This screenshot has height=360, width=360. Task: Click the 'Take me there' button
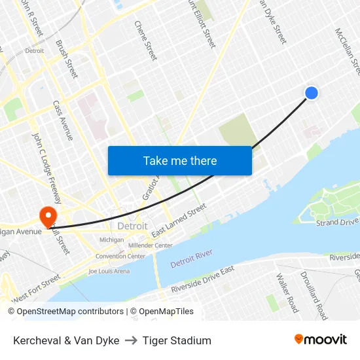(x=180, y=160)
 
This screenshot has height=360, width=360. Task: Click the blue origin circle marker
(x=312, y=93)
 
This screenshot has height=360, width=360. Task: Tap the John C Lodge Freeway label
(x=45, y=166)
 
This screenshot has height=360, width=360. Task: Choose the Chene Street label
(x=146, y=40)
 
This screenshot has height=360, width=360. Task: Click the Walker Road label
(x=287, y=292)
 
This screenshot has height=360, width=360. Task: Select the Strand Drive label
(x=337, y=223)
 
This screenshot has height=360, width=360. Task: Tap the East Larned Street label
(x=179, y=221)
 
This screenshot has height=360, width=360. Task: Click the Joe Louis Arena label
(x=109, y=271)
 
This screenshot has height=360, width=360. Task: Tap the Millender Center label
(x=151, y=245)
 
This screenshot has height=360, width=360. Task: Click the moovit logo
(x=321, y=340)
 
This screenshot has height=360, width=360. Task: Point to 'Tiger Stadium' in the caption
(x=177, y=340)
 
